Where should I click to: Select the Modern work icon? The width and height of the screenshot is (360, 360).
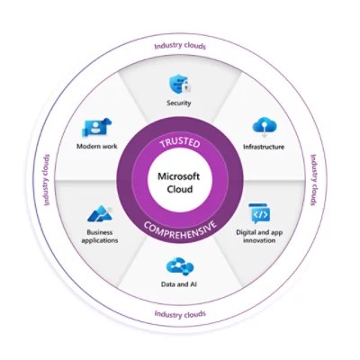click(97, 127)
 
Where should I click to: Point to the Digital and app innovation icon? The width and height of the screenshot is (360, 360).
click(259, 214)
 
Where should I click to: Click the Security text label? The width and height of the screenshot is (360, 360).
click(179, 103)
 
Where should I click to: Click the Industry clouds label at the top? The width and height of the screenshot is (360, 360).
click(178, 45)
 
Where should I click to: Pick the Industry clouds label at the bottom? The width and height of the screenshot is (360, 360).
click(179, 314)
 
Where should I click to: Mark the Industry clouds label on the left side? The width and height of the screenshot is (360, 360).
click(45, 179)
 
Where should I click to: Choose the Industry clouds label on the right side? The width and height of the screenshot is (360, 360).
click(314, 179)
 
